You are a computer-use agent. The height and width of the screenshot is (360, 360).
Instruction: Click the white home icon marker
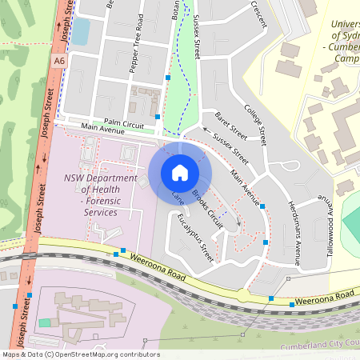pyautogui.click(x=180, y=173)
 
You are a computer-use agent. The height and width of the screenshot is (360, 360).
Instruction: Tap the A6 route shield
pyautogui.click(x=60, y=61)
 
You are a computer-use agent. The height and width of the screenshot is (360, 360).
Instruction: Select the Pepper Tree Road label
pyautogui.click(x=136, y=55)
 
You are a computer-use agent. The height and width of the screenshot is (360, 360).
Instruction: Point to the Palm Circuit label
pyautogui.click(x=123, y=125)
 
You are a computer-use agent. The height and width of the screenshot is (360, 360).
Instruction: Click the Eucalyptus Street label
pyautogui.click(x=196, y=238)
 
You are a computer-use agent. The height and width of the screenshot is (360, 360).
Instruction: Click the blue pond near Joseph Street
pyautogui.click(x=81, y=31)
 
